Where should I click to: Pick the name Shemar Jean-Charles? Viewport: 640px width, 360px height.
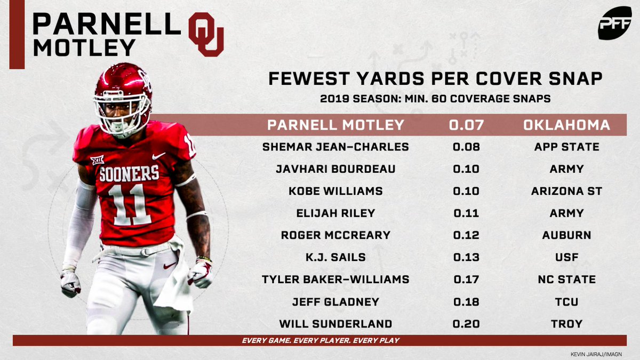click(335, 147)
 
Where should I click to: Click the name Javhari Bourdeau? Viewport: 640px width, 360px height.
click(335, 169)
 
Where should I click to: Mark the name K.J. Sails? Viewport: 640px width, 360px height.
click(335, 258)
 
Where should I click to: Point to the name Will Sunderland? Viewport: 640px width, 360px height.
click(335, 324)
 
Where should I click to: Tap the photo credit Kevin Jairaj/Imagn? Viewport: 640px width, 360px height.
click(603, 353)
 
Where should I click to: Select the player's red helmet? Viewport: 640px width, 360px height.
click(123, 88)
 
